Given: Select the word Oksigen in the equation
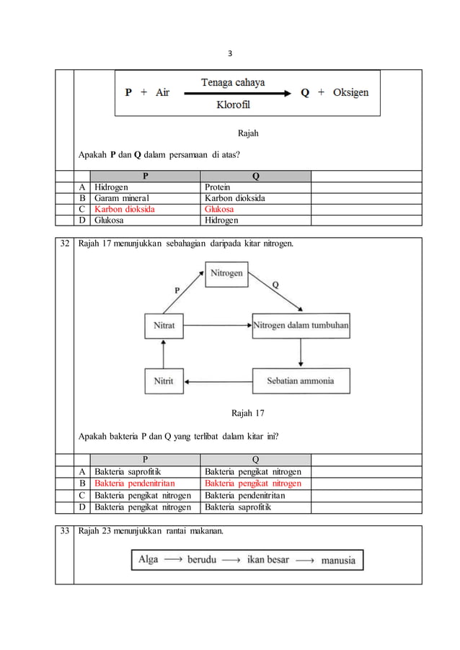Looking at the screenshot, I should pyautogui.click(x=349, y=93).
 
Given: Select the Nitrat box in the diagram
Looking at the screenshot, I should pyautogui.click(x=164, y=326).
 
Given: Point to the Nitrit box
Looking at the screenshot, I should pyautogui.click(x=164, y=380).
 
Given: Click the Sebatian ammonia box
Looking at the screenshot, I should pyautogui.click(x=301, y=380).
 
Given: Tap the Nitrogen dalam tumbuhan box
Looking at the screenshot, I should pyautogui.click(x=301, y=326).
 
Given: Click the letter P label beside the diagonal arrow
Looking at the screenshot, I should pyautogui.click(x=177, y=290).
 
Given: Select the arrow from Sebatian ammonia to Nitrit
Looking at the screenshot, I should pyautogui.click(x=217, y=380).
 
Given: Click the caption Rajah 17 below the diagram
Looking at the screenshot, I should pyautogui.click(x=247, y=414).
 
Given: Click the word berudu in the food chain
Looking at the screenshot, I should pyautogui.click(x=202, y=559).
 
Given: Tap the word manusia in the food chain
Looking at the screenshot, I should pyautogui.click(x=337, y=560).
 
